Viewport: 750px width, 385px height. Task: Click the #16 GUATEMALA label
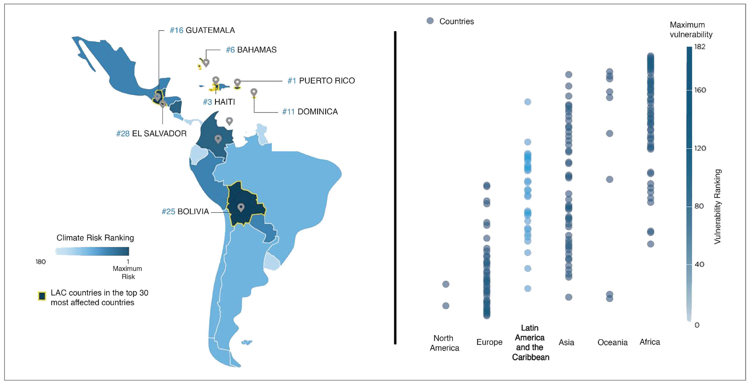pos(202,30)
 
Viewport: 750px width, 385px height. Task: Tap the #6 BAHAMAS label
pos(251,50)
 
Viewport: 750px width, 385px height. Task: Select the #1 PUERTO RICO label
pos(321,81)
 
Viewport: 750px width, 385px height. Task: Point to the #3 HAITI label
pos(219,102)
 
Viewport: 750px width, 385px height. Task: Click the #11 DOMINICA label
pos(310,112)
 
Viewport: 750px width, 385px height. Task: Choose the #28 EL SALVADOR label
pos(151,133)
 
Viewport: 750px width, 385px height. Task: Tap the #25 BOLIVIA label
pos(185,211)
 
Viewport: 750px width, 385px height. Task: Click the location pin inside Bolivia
pos(241,207)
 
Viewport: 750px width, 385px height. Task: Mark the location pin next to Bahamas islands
pos(206,63)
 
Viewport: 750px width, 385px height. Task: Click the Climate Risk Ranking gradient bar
pos(92,251)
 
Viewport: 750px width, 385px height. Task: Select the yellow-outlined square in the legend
pos(42,296)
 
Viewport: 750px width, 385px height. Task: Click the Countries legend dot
pos(430,21)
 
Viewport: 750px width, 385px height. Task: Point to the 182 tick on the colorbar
pos(700,47)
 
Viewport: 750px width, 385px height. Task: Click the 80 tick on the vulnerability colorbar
pos(699,206)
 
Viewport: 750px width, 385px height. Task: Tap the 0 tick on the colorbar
pos(697,325)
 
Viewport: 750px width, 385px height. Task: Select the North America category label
pos(444,343)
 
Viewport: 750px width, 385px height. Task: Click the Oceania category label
pos(612,342)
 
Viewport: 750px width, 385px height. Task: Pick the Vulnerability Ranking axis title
pos(717,206)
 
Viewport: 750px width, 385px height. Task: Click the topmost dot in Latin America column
pos(527,102)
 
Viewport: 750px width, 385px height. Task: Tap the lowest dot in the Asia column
pos(569,297)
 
